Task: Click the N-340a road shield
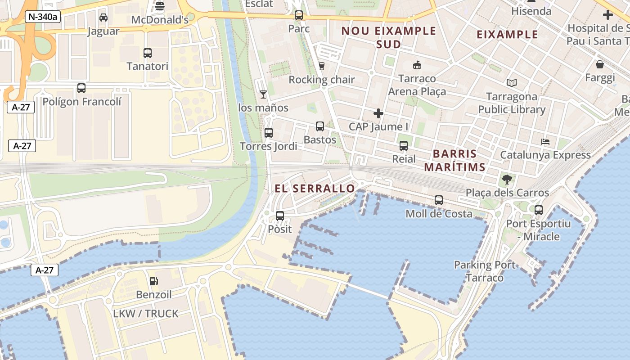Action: [43, 17]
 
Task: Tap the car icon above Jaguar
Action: [103, 18]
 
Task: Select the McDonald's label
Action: [159, 20]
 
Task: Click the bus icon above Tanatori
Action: [147, 53]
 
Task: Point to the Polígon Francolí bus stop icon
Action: [81, 88]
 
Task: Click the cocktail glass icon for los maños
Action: [263, 94]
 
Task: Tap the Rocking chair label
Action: [321, 80]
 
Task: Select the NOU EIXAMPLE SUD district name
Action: [389, 37]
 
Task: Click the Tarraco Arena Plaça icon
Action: [417, 65]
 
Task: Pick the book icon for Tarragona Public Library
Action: [511, 83]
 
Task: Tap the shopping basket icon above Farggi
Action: [600, 64]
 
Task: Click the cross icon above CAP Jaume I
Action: [378, 113]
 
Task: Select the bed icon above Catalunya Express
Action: [545, 142]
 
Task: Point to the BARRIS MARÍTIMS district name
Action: [454, 161]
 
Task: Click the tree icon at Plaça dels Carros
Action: [507, 180]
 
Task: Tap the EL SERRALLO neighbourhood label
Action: [315, 189]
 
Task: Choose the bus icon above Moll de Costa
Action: [439, 200]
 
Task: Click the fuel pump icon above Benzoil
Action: [154, 281]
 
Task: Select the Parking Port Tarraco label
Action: [485, 271]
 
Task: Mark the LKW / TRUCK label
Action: [145, 314]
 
